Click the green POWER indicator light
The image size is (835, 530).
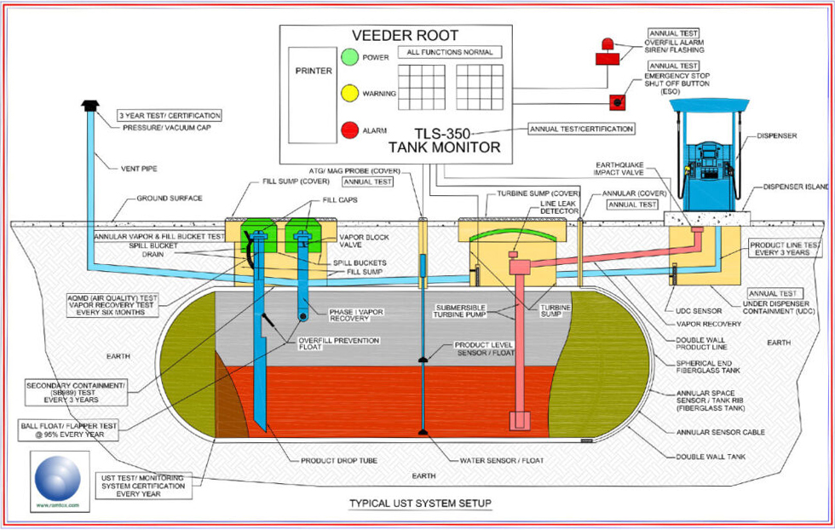pyautogui.click(x=348, y=58)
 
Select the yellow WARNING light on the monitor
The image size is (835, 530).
pyautogui.click(x=348, y=93)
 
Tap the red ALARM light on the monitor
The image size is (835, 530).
pyautogui.click(x=348, y=130)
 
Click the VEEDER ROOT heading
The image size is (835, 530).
pyautogui.click(x=406, y=36)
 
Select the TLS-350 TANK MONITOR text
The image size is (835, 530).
pyautogui.click(x=457, y=141)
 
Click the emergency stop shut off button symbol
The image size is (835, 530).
pyautogui.click(x=615, y=102)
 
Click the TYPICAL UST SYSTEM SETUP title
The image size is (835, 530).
pyautogui.click(x=420, y=504)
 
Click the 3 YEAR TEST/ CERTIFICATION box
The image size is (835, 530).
pyautogui.click(x=169, y=115)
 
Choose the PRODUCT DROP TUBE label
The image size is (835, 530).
pyautogui.click(x=339, y=461)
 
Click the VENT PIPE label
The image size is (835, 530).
pyautogui.click(x=141, y=168)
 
